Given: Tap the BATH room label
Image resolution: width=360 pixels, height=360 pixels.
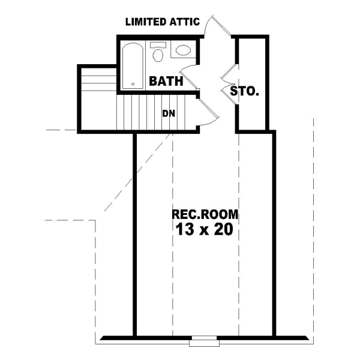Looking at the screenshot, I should click(166, 81).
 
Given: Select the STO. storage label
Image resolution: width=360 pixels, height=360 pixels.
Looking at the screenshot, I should click(245, 92).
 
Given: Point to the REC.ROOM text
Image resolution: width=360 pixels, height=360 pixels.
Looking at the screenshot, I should click(205, 214).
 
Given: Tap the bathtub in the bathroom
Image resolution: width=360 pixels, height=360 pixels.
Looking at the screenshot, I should click(133, 65).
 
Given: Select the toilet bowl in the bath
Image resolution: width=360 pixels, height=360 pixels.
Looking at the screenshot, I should click(158, 56).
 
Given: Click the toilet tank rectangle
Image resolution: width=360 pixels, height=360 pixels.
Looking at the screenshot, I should click(158, 44).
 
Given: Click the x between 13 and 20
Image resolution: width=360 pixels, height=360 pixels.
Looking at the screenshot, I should click(203, 230).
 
